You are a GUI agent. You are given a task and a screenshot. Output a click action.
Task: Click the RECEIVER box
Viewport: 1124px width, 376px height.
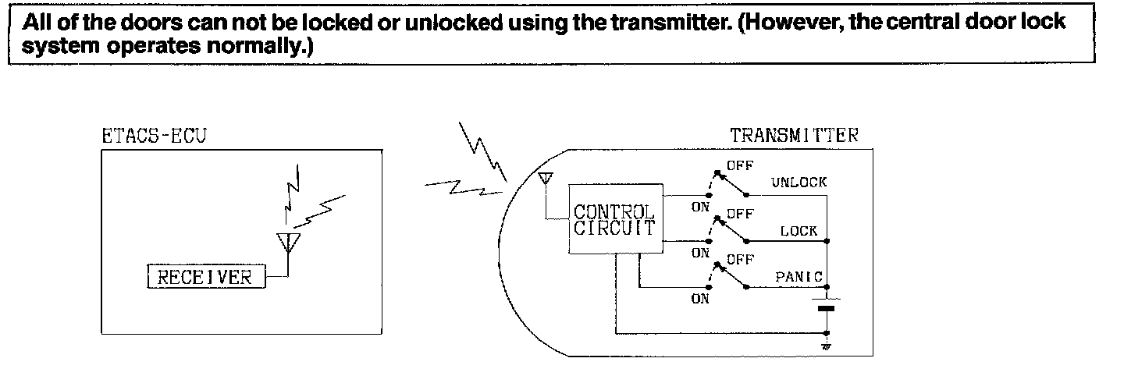(x=206, y=277)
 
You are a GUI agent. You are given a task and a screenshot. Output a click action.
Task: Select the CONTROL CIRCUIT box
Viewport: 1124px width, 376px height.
(x=614, y=220)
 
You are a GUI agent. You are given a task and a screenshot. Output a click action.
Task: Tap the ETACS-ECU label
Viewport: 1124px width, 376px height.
(x=155, y=136)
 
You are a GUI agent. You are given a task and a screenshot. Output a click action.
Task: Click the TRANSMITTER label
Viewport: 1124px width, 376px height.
(x=794, y=136)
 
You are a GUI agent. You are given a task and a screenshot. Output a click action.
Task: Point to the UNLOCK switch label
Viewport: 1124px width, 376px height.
(x=799, y=183)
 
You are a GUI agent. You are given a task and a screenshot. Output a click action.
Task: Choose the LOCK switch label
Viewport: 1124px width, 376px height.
(x=799, y=232)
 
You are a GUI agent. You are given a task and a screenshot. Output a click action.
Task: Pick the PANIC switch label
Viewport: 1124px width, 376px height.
(x=796, y=277)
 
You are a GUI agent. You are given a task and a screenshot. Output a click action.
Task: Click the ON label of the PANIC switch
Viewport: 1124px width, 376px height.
(x=700, y=300)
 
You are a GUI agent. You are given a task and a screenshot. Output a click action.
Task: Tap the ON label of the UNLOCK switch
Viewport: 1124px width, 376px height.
(x=700, y=208)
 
